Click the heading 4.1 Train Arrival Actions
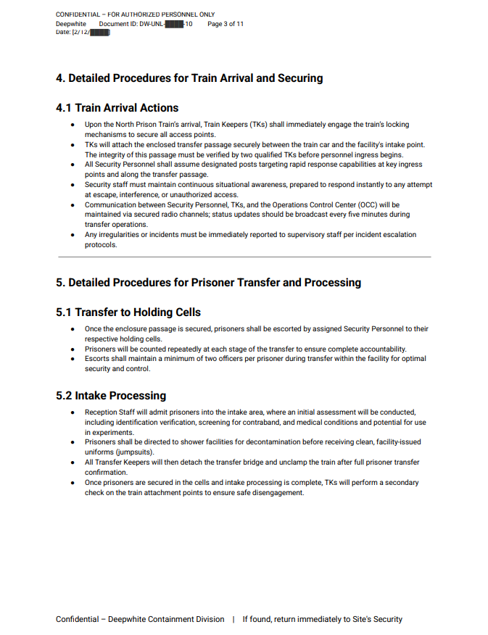pos(117,108)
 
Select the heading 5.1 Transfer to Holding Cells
pos(128,312)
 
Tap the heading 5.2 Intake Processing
pos(111,396)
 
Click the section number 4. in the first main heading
pos(61,78)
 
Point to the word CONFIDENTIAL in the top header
pos(78,14)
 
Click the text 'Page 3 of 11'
pos(226,24)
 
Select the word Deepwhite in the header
pos(71,24)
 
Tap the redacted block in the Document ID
pos(174,24)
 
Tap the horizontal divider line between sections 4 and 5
pos(244,257)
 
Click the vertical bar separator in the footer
pos(233,619)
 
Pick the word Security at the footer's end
pos(384,619)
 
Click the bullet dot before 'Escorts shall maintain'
pos(73,359)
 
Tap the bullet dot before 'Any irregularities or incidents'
pos(73,235)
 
